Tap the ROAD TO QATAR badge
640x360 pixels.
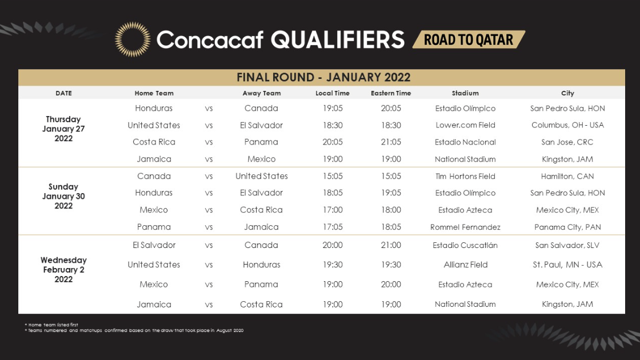coord(469,39)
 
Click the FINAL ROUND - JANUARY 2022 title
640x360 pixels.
coord(323,77)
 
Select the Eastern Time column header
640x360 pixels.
coord(391,93)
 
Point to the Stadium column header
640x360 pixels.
coord(465,93)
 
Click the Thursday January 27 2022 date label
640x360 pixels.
coord(63,129)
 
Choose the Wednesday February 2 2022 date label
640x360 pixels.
coord(63,269)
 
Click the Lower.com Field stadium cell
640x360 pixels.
coord(465,125)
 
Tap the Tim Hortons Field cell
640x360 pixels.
coord(465,176)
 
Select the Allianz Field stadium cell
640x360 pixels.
coord(465,265)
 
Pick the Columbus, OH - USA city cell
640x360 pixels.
coord(567,125)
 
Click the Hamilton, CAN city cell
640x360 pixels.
coord(567,176)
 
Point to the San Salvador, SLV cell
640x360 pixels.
coord(567,245)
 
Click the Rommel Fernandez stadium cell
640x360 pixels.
coord(465,227)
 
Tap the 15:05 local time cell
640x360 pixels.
coord(333,176)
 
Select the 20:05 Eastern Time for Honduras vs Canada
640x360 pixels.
coord(391,108)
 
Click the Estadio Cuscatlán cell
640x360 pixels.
coord(465,245)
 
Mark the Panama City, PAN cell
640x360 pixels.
coord(567,227)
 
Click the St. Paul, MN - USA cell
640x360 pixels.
coord(567,265)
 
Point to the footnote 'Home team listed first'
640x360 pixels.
coord(51,325)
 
